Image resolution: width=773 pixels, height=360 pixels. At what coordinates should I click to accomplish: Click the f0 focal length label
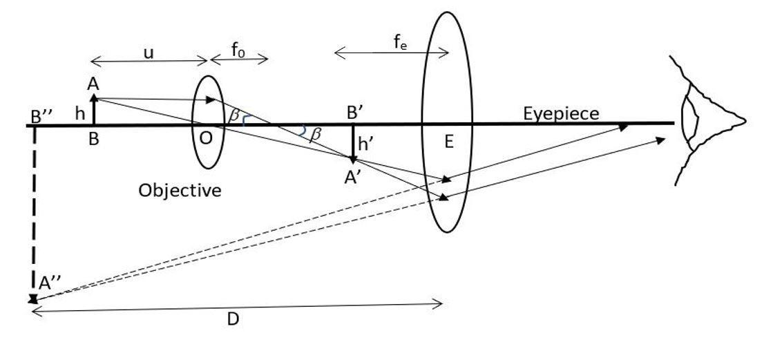click(238, 50)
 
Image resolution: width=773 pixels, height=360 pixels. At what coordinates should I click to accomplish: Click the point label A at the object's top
click(93, 84)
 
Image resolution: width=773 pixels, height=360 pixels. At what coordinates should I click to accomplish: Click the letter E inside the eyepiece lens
click(449, 143)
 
